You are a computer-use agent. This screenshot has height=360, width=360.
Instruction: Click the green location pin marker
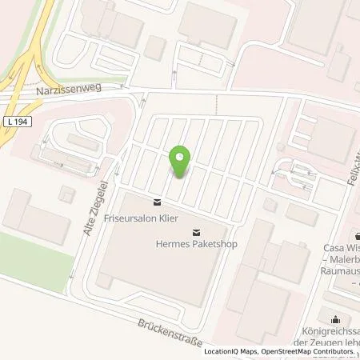(181, 162)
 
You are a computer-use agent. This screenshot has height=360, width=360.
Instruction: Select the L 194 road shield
(18, 121)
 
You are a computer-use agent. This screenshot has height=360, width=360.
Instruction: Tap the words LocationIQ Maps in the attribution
(231, 352)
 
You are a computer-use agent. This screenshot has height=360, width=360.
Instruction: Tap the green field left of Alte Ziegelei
(32, 249)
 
